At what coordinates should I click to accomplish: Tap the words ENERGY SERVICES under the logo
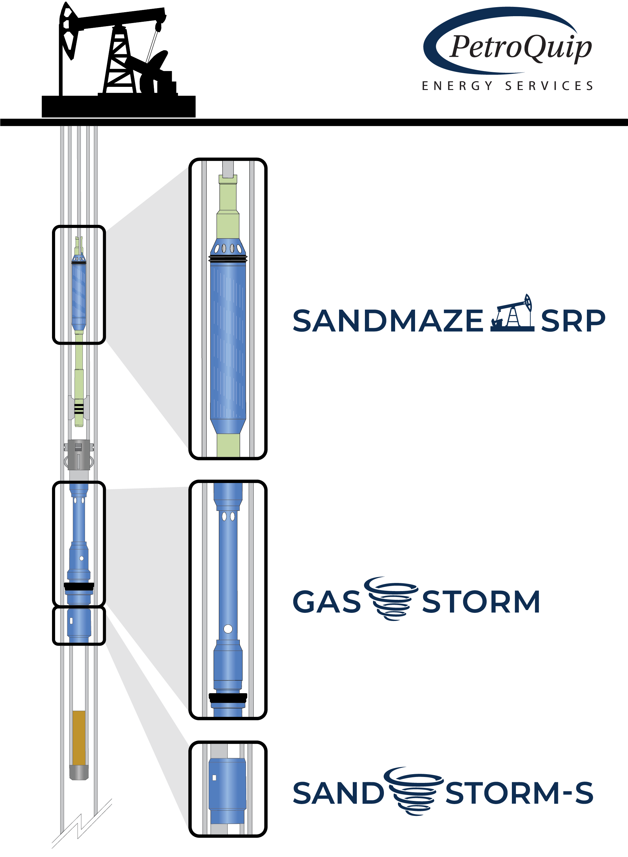pyautogui.click(x=508, y=86)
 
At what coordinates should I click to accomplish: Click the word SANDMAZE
pyautogui.click(x=388, y=320)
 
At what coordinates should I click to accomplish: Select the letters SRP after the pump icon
pyautogui.click(x=573, y=320)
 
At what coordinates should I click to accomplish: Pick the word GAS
pyautogui.click(x=327, y=602)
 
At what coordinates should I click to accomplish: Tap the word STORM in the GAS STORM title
pyautogui.click(x=481, y=602)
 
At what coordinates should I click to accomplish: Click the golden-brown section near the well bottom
pyautogui.click(x=79, y=738)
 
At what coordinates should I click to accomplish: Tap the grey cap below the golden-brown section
pyautogui.click(x=79, y=772)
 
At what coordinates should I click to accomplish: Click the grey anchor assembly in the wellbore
pyautogui.click(x=79, y=455)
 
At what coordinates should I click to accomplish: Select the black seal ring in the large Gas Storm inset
pyautogui.click(x=228, y=698)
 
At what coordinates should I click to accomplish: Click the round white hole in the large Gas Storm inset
pyautogui.click(x=228, y=629)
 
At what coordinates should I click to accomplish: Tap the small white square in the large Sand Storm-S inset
pyautogui.click(x=214, y=778)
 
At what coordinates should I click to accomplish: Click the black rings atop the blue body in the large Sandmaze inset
pyautogui.click(x=228, y=258)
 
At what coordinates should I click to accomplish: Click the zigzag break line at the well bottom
pyautogui.click(x=82, y=823)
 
